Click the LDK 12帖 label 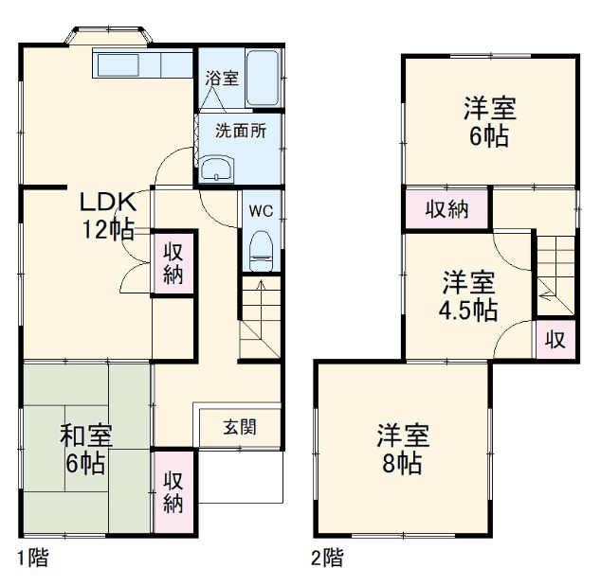108,216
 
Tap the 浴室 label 222,79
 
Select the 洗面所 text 239,132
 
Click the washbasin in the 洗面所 218,169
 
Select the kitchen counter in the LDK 142,65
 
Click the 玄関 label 239,426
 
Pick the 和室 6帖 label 87,450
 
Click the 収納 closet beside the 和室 173,491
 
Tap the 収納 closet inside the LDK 173,263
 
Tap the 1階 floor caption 31,558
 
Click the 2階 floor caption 327,558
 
